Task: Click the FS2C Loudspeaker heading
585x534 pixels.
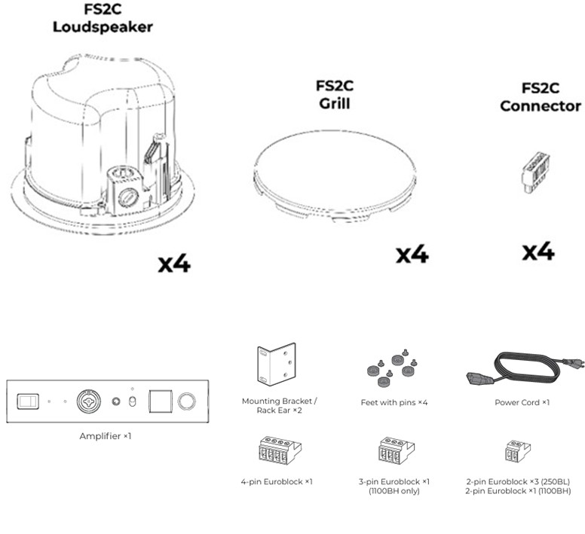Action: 103,19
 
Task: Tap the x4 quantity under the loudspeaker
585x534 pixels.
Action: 174,264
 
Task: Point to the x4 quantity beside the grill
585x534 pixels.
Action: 412,255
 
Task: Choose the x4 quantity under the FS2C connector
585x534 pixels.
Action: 538,252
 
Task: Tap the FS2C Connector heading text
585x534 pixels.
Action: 541,97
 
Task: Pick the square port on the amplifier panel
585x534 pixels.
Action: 159,401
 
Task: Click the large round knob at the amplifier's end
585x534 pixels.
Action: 186,401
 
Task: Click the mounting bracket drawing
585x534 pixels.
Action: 276,365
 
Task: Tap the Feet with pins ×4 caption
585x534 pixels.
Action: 394,402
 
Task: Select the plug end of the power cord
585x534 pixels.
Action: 478,376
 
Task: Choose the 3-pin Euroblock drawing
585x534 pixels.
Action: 395,452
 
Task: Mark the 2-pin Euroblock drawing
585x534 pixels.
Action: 517,452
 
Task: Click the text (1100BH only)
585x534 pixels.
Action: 394,491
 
